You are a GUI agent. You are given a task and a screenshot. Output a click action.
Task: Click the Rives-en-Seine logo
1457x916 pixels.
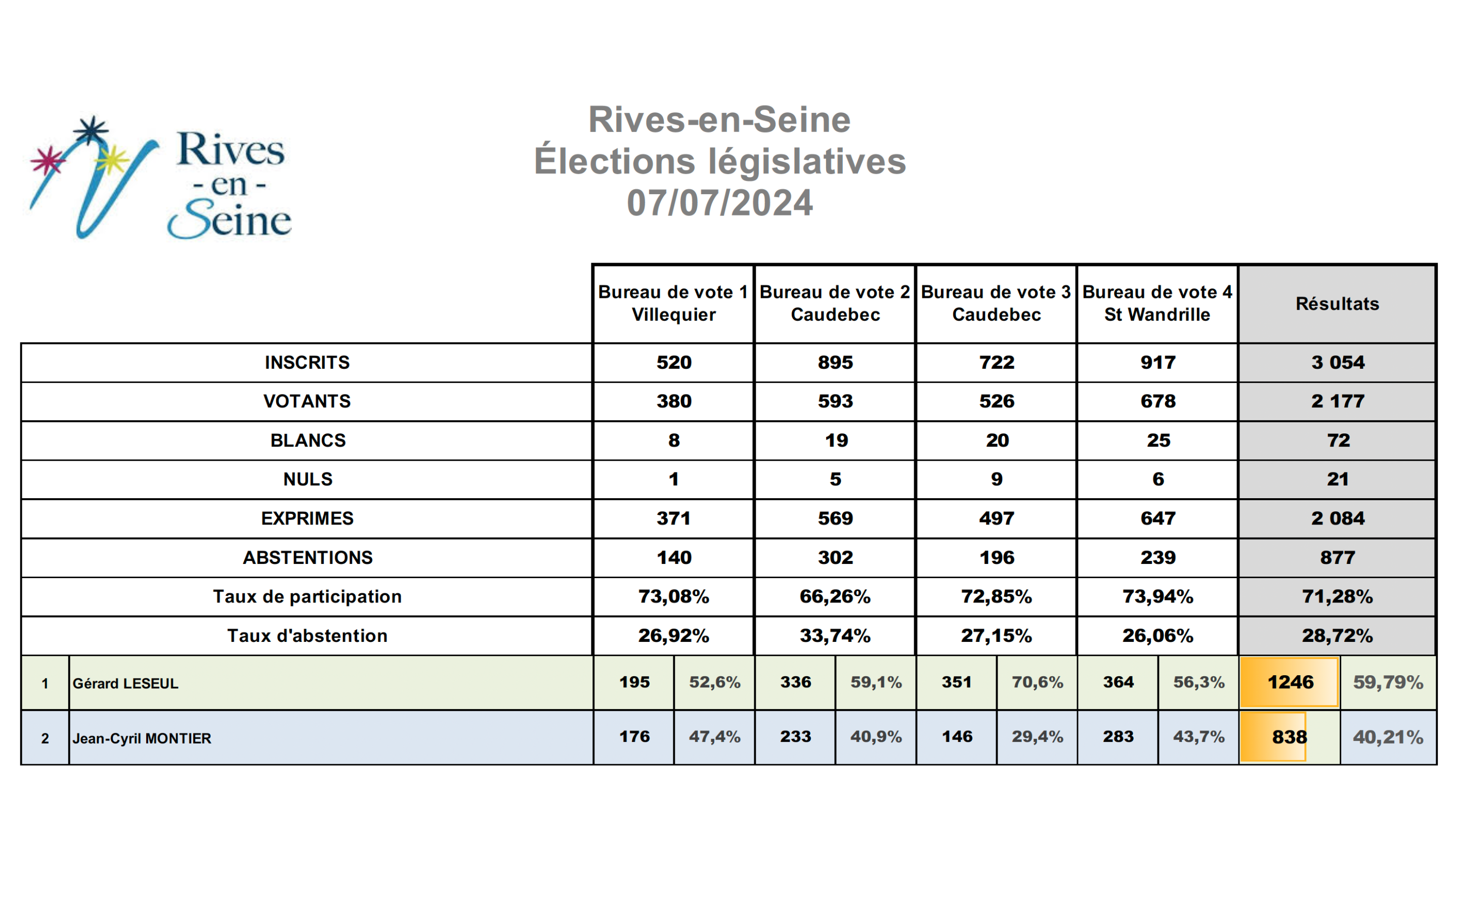[x=161, y=177]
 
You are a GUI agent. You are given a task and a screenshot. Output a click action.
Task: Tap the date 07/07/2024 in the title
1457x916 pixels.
[x=720, y=203]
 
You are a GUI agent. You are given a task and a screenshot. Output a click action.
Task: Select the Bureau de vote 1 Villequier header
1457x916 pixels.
[x=673, y=303]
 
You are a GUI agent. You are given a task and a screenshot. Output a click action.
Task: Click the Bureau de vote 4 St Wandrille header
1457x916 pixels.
[x=1158, y=303]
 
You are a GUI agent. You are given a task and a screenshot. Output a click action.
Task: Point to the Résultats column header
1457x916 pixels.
[x=1337, y=303]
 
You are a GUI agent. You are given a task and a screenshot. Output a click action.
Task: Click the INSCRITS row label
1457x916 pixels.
[x=308, y=363]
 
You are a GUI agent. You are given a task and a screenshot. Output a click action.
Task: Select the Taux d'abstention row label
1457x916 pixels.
[x=308, y=636]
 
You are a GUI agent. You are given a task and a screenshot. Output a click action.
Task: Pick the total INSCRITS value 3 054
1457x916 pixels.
[x=1338, y=363]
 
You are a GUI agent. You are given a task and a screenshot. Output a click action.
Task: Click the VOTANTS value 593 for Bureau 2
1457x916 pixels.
[x=836, y=401]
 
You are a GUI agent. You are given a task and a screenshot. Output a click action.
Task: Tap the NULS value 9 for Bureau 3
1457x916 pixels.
[x=997, y=479]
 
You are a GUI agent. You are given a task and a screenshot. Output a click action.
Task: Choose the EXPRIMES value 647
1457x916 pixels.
[x=1158, y=518]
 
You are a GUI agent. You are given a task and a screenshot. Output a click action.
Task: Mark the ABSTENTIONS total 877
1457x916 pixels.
[x=1338, y=557]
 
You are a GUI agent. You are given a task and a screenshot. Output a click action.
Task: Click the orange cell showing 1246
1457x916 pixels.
[x=1289, y=682]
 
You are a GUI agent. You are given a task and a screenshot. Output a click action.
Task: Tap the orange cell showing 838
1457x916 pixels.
[x=1273, y=737]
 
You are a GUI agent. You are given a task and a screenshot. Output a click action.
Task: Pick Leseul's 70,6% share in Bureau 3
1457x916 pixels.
[x=1037, y=682]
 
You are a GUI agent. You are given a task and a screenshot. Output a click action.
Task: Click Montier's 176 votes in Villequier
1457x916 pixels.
[x=634, y=737]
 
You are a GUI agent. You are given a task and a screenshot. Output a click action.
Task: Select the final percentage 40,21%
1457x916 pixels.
[x=1388, y=737]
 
